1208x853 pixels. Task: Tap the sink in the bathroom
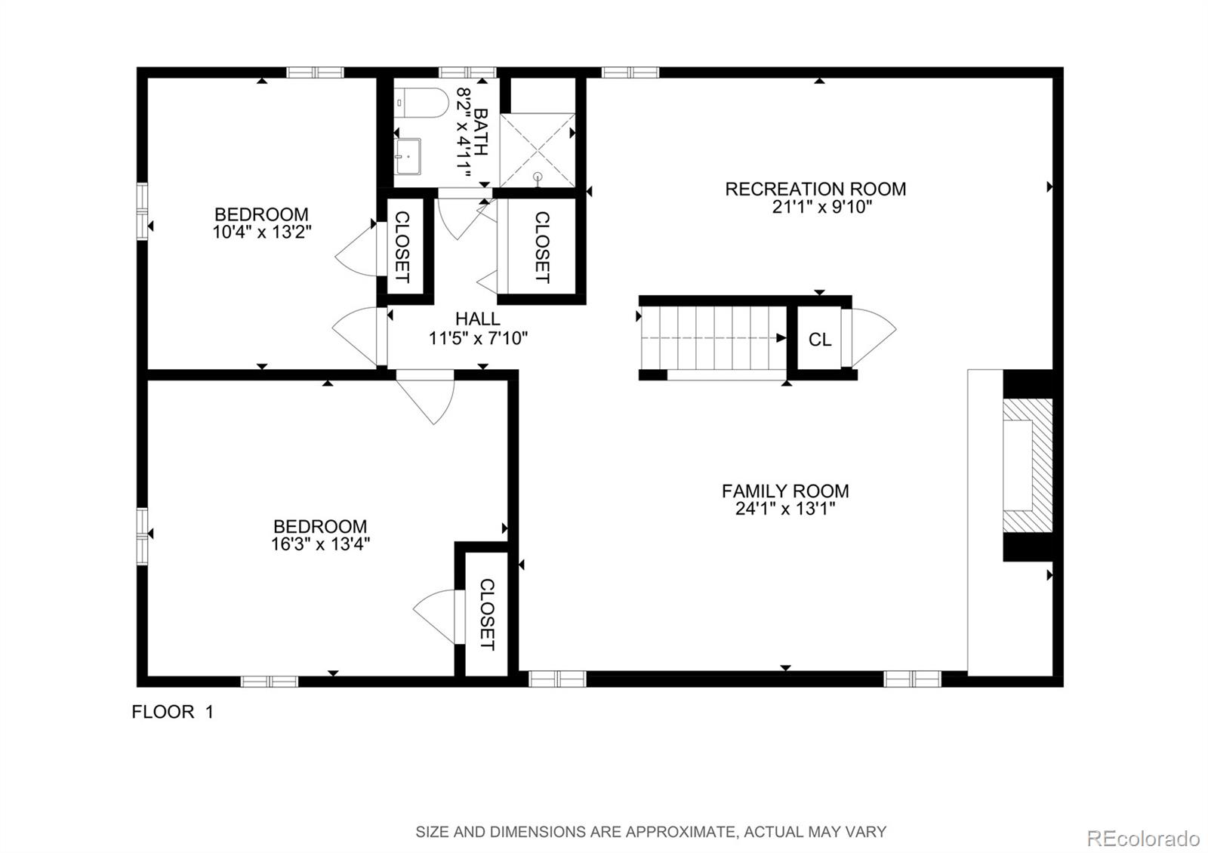tap(408, 156)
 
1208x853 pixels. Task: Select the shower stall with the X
tap(538, 149)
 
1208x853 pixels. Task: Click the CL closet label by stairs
tap(820, 340)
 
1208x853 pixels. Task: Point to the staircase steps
tap(713, 338)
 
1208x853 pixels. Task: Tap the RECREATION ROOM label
tap(815, 189)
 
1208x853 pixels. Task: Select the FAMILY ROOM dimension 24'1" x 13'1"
tap(785, 509)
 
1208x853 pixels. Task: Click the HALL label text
tap(477, 319)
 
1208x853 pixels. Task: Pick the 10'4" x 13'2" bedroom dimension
tap(261, 232)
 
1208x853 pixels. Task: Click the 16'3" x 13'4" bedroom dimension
tap(320, 544)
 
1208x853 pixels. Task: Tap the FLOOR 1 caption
tap(172, 712)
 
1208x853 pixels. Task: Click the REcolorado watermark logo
tap(1142, 838)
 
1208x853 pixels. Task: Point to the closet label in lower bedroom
tap(487, 614)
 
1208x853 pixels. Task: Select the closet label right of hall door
tap(541, 247)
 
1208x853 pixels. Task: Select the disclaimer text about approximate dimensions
tap(650, 832)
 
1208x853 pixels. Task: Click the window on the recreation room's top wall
tap(630, 72)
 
